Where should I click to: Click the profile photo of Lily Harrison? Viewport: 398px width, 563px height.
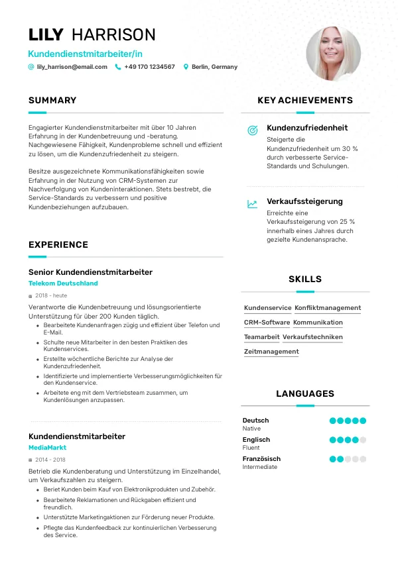(333, 54)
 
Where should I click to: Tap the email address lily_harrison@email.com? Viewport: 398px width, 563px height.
(72, 67)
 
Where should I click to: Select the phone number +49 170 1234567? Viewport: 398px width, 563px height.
(149, 67)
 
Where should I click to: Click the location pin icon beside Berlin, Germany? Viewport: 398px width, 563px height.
(186, 67)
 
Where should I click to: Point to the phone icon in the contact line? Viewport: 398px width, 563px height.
(118, 67)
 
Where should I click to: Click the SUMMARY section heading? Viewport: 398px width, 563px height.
(52, 101)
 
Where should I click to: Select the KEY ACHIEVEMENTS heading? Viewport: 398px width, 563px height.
(305, 101)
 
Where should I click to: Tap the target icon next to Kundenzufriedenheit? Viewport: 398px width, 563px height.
(252, 130)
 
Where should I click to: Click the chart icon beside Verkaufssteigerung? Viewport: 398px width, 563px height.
(252, 204)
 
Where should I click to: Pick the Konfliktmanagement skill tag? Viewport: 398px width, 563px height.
(328, 308)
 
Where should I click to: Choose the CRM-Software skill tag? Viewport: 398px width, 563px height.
(267, 323)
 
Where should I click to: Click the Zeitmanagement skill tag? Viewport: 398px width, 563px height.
(271, 352)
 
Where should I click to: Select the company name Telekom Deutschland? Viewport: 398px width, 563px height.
(63, 283)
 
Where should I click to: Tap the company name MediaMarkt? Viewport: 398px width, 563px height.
(47, 448)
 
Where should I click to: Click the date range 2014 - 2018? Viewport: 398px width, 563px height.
(50, 460)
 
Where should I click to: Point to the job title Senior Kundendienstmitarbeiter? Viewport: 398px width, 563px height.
(90, 272)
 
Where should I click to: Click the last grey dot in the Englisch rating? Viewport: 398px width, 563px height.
(363, 440)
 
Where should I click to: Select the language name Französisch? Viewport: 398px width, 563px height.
(261, 459)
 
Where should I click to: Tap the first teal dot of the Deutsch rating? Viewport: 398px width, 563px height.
(332, 421)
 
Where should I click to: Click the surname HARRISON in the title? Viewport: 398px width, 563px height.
(113, 35)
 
